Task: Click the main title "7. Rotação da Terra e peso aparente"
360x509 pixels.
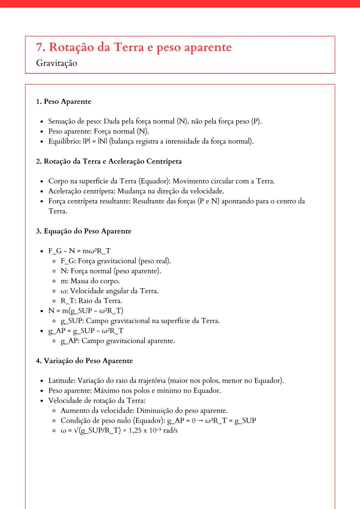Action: tap(134, 47)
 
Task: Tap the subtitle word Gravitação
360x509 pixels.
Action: tap(57, 63)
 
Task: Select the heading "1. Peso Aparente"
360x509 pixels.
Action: tap(63, 102)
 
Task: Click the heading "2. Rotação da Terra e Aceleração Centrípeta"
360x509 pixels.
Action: tap(109, 162)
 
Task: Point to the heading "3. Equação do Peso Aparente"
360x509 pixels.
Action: tap(84, 231)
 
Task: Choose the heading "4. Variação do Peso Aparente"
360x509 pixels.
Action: tap(84, 361)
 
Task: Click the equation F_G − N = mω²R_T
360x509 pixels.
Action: tap(79, 251)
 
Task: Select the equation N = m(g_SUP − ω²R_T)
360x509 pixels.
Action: tap(86, 311)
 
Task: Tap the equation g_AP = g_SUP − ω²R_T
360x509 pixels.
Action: tap(86, 331)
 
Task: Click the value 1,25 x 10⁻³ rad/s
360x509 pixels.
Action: tap(153, 430)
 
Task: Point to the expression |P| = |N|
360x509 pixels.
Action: tap(95, 142)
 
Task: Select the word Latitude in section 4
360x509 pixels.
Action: tap(62, 381)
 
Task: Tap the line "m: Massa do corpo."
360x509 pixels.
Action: tap(90, 281)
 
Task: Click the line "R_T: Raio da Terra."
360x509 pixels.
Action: tap(91, 301)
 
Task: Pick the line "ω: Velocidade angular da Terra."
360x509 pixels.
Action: tap(109, 291)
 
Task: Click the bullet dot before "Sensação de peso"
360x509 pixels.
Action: tap(42, 122)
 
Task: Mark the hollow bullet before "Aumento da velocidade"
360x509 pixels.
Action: tap(54, 411)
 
